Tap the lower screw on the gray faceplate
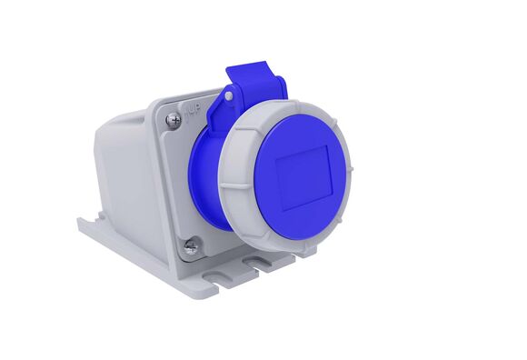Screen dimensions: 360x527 click(191, 244)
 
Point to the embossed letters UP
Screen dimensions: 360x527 click(194, 111)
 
